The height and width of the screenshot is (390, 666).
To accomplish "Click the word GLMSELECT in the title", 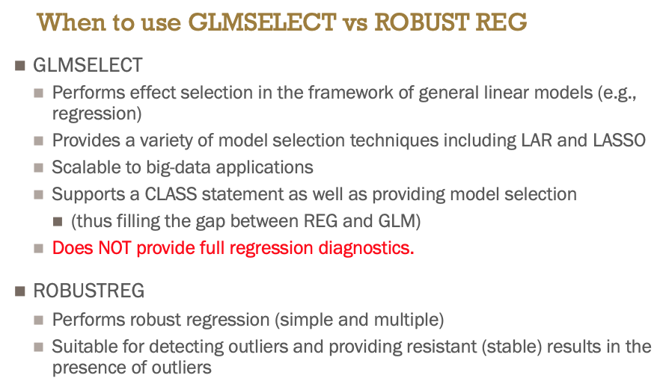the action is (262, 22).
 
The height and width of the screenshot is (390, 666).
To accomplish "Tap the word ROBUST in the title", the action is (422, 22).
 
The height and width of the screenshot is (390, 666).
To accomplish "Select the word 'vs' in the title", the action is (355, 24).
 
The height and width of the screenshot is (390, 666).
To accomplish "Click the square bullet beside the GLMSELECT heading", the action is (20, 66).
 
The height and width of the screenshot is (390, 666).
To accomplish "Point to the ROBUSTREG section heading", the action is (89, 291).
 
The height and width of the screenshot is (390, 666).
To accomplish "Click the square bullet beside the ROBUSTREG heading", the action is (20, 291).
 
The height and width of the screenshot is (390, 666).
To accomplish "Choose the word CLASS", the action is (171, 194).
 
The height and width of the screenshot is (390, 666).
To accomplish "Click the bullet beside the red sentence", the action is (39, 248).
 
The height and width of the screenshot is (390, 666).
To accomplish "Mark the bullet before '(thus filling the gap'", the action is (58, 221).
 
